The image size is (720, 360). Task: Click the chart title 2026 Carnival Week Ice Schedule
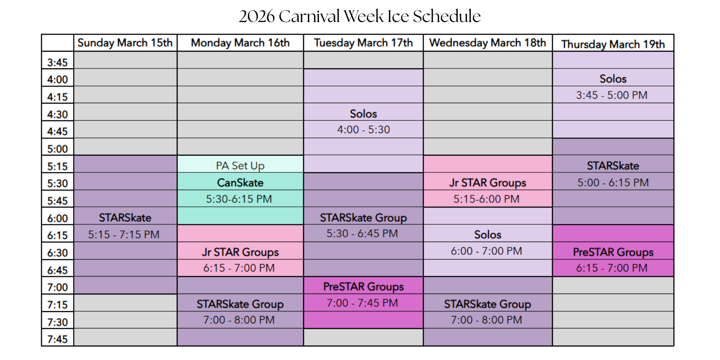click(x=360, y=16)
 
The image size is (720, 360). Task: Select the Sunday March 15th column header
click(x=125, y=43)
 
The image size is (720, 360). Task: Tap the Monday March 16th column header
click(x=240, y=43)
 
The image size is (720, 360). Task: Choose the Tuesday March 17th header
click(x=363, y=43)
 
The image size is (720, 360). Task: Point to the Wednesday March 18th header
click(x=488, y=43)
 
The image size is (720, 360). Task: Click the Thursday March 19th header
click(x=613, y=44)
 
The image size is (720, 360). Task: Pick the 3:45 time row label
click(x=58, y=62)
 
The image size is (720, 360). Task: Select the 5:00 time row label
click(x=58, y=149)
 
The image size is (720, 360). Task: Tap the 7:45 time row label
click(x=58, y=339)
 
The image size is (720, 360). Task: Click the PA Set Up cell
click(x=240, y=166)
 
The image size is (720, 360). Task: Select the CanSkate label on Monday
click(x=240, y=183)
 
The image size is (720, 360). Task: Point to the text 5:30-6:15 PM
click(x=239, y=199)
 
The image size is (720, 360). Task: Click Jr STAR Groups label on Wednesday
click(x=488, y=183)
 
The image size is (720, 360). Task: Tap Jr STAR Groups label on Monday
click(x=240, y=252)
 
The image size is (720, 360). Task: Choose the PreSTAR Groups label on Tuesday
click(x=364, y=286)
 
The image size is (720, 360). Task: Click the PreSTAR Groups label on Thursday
click(x=613, y=252)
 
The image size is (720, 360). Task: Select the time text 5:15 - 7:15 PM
click(x=124, y=235)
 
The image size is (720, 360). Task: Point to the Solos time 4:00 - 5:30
click(x=364, y=130)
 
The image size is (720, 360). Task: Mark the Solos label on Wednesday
click(x=488, y=234)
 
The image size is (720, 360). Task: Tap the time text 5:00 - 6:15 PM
click(x=613, y=183)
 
